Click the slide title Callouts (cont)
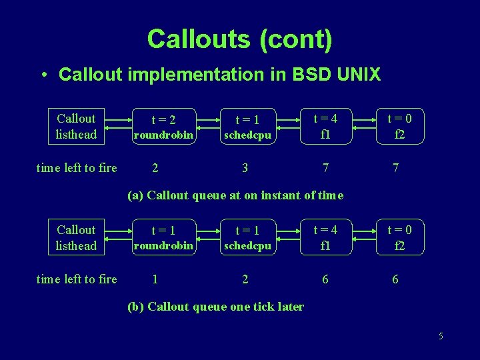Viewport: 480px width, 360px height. pos(239,39)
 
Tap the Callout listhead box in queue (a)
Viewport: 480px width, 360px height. pos(76,127)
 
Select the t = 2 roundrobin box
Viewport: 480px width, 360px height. pos(163,127)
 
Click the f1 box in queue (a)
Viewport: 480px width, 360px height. pos(325,127)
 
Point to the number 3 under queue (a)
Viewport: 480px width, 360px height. pos(245,168)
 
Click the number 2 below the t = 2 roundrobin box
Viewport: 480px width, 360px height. pos(155,168)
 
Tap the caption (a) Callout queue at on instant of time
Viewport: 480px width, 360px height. pos(235,195)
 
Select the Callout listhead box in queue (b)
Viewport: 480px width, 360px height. pos(76,238)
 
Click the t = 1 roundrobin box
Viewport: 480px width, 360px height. pos(163,238)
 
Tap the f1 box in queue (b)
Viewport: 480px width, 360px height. pos(325,238)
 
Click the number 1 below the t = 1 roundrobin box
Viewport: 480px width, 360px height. pos(155,279)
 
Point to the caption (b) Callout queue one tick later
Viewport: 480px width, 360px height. pos(215,307)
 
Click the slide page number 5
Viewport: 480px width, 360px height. pos(441,336)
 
